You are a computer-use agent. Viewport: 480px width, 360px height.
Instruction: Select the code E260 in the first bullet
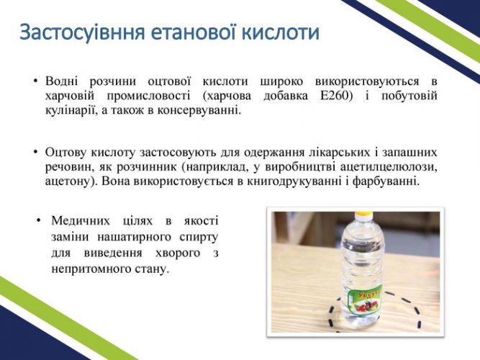point(337,96)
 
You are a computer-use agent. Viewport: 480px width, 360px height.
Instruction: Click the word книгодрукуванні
point(294,181)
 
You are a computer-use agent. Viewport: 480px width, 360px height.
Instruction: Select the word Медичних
point(81,220)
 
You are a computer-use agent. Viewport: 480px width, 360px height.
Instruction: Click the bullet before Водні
point(36,81)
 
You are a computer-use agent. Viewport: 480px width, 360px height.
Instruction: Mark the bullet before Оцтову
point(36,152)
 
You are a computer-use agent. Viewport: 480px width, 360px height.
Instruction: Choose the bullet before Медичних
point(38,220)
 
